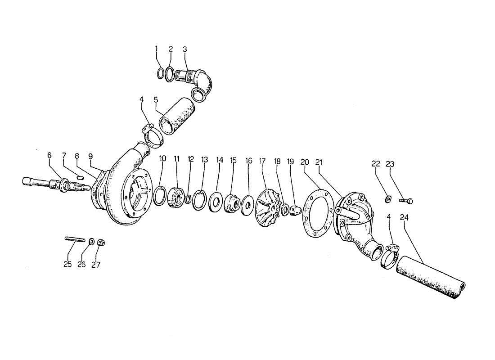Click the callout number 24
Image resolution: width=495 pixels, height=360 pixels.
[404, 217]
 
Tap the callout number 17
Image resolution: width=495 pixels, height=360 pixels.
[262, 161]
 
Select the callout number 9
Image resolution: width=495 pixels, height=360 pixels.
[91, 156]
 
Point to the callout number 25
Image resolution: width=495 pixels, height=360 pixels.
[67, 264]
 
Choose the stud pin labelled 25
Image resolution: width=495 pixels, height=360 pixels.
[75, 239]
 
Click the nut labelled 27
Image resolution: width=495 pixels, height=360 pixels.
[102, 243]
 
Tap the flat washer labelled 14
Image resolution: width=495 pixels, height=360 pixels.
[216, 201]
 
